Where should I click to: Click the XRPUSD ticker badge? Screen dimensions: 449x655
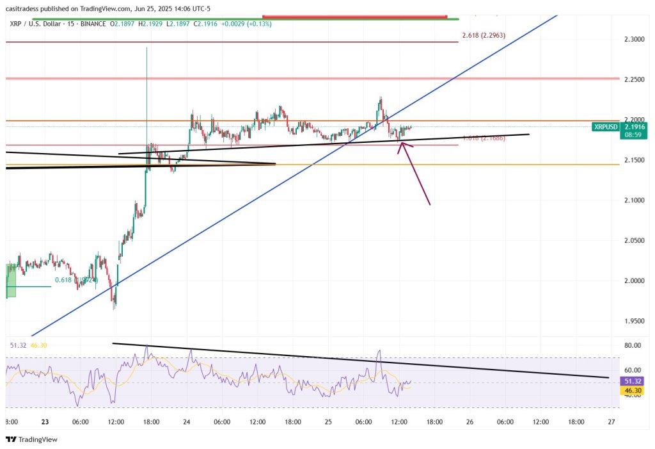click(606, 127)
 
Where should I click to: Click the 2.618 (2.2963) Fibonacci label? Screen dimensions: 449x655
click(483, 35)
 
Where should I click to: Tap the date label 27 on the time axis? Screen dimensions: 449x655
click(612, 421)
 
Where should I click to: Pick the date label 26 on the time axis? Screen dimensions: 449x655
click(470, 421)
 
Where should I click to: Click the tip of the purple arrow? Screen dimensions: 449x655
click(402, 142)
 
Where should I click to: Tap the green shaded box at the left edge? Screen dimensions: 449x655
click(11, 281)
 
